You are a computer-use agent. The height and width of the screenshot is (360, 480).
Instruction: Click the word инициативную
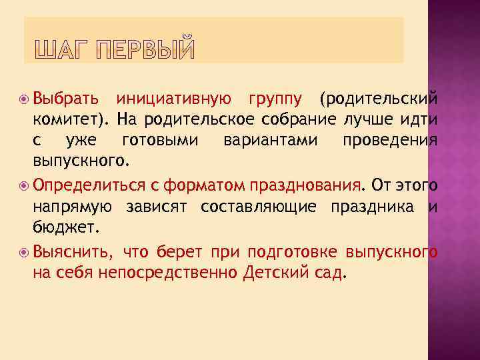pyautogui.click(x=174, y=99)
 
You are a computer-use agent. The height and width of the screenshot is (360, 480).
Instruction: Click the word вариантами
pyautogui.click(x=270, y=141)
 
